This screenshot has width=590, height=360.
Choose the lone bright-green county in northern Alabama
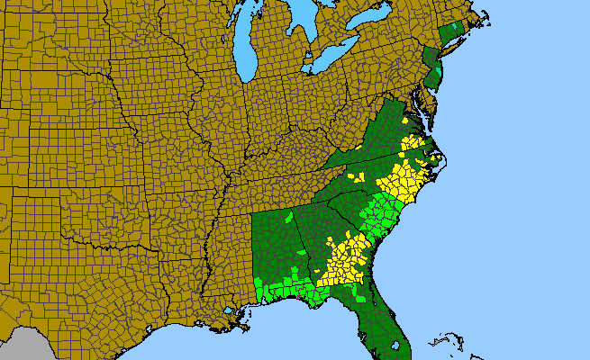pos(288,217)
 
